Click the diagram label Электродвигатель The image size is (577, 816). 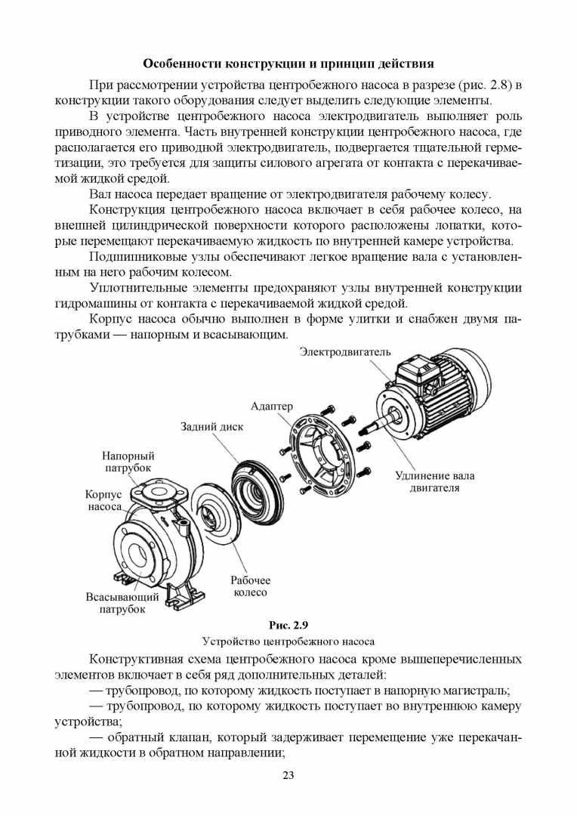[345, 352]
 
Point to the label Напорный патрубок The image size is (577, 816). [128, 462]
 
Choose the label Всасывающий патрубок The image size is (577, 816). [122, 603]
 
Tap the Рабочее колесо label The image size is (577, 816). [248, 586]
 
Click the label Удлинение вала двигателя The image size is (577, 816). [435, 482]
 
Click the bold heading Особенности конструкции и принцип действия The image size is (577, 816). [288, 63]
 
